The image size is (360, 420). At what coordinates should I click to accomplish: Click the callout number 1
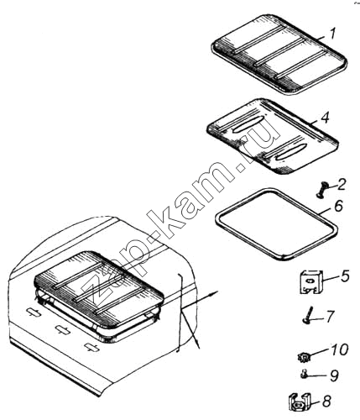pyautogui.click(x=331, y=34)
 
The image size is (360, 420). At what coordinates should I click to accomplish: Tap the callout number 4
pyautogui.click(x=325, y=118)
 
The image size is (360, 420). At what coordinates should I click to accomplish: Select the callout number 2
pyautogui.click(x=342, y=185)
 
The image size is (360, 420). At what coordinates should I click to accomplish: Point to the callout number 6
pyautogui.click(x=338, y=207)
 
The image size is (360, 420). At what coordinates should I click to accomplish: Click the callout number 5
pyautogui.click(x=345, y=276)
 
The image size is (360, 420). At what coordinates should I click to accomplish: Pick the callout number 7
pyautogui.click(x=330, y=317)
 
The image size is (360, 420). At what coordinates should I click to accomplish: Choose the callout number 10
pyautogui.click(x=339, y=350)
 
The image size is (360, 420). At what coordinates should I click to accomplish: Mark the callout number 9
pyautogui.click(x=334, y=375)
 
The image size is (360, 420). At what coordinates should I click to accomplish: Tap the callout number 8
pyautogui.click(x=326, y=402)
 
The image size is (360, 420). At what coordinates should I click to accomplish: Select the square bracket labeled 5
pyautogui.click(x=311, y=282)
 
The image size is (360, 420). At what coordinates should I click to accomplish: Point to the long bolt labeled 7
pyautogui.click(x=308, y=316)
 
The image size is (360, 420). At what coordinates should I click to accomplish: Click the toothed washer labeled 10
pyautogui.click(x=304, y=357)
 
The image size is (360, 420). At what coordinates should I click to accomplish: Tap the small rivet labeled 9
pyautogui.click(x=305, y=374)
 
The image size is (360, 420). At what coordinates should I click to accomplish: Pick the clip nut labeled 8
pyautogui.click(x=299, y=402)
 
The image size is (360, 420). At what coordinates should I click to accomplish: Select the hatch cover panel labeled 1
pyautogui.click(x=279, y=55)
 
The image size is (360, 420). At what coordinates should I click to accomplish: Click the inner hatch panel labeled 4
pyautogui.click(x=272, y=135)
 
